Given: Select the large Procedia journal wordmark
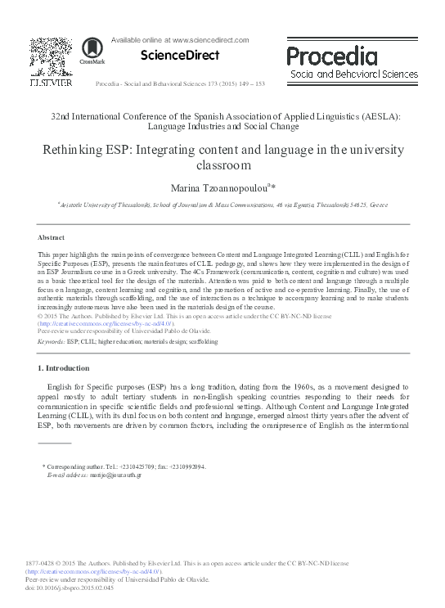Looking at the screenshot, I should (332, 56).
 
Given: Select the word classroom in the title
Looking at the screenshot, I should (222, 165).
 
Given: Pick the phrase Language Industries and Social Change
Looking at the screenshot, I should (222, 127).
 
